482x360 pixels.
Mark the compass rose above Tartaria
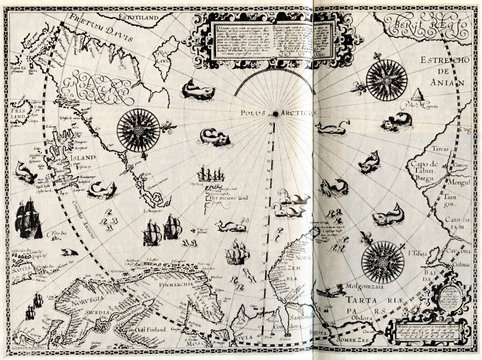381,263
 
